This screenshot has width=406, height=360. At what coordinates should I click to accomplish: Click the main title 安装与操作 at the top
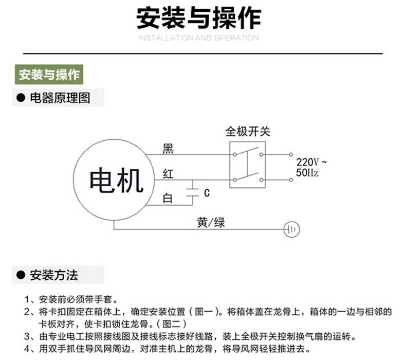pos(198,18)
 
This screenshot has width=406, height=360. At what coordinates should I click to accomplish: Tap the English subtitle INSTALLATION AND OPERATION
pos(198,38)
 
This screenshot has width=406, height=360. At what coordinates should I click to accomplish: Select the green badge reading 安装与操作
pos(49,75)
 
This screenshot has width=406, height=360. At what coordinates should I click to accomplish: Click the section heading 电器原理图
pos(60,98)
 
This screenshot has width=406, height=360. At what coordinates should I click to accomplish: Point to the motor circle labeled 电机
pos(73,179)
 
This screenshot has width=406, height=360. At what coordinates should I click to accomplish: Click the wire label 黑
pos(168,149)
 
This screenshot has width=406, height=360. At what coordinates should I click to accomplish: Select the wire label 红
pos(168,174)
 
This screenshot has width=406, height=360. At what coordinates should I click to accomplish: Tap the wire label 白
pos(168,199)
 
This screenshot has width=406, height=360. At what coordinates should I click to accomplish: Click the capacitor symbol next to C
pos(192,192)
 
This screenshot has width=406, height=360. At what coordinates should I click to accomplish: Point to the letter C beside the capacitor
pos(207,193)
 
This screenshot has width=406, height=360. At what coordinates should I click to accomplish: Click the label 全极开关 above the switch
pos(248,132)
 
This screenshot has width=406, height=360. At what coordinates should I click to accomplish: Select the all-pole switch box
pos(230,165)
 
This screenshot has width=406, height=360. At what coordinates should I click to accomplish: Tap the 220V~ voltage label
pos(311,162)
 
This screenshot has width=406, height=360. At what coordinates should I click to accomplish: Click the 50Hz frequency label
pos(307,173)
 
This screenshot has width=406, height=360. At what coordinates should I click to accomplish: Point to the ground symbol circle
pos(291,222)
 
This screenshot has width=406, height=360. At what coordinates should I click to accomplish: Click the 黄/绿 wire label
pos(211,223)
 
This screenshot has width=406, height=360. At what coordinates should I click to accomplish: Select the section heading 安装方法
pos(54,275)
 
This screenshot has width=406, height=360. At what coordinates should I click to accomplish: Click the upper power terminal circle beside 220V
pos(291,154)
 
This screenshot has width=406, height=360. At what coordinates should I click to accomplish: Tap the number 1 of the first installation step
pos(27,300)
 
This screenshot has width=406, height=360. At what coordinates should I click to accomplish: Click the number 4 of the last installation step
pos(27,349)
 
